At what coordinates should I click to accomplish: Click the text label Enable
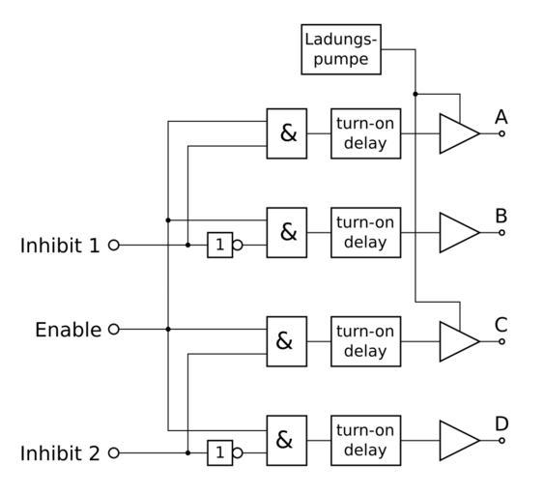pos(69,330)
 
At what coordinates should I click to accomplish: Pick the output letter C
pos(501,325)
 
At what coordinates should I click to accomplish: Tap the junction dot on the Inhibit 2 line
pos(187,453)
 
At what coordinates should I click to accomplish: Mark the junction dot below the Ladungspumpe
pos(415,94)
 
